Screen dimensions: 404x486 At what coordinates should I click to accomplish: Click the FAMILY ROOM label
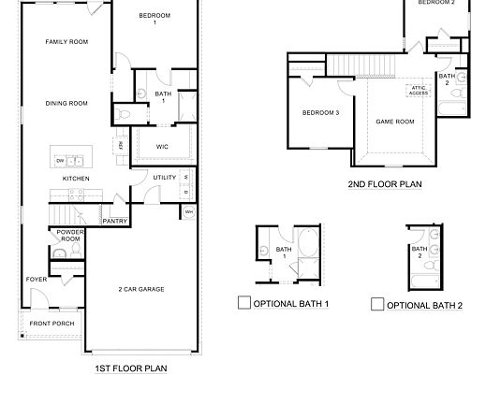66,42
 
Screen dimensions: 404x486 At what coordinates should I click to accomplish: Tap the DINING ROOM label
66,103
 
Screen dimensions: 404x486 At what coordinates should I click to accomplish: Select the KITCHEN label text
76,178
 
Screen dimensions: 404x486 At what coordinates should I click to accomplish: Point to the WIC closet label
162,146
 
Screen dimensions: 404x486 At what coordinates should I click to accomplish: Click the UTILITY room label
165,177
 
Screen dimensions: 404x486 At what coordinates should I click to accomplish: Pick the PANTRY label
115,221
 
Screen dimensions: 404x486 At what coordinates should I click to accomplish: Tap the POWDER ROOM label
69,235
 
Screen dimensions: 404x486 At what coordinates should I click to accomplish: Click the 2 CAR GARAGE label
141,289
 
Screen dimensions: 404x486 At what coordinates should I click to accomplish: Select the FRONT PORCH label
52,324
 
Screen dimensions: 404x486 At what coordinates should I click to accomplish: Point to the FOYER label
37,279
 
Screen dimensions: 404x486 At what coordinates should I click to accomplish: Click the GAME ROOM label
394,122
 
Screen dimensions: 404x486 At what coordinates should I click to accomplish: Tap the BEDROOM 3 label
320,113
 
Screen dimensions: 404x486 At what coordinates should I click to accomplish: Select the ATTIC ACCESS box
418,91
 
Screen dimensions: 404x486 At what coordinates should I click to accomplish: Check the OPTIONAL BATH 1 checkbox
243,303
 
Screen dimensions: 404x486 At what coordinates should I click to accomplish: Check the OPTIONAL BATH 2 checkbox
377,304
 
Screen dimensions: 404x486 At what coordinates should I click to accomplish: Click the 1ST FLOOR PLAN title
131,368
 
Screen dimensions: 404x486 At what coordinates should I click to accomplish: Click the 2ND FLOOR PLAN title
384,184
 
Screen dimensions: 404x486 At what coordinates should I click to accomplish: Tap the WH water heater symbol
188,212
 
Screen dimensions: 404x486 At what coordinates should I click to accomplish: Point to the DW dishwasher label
60,160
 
